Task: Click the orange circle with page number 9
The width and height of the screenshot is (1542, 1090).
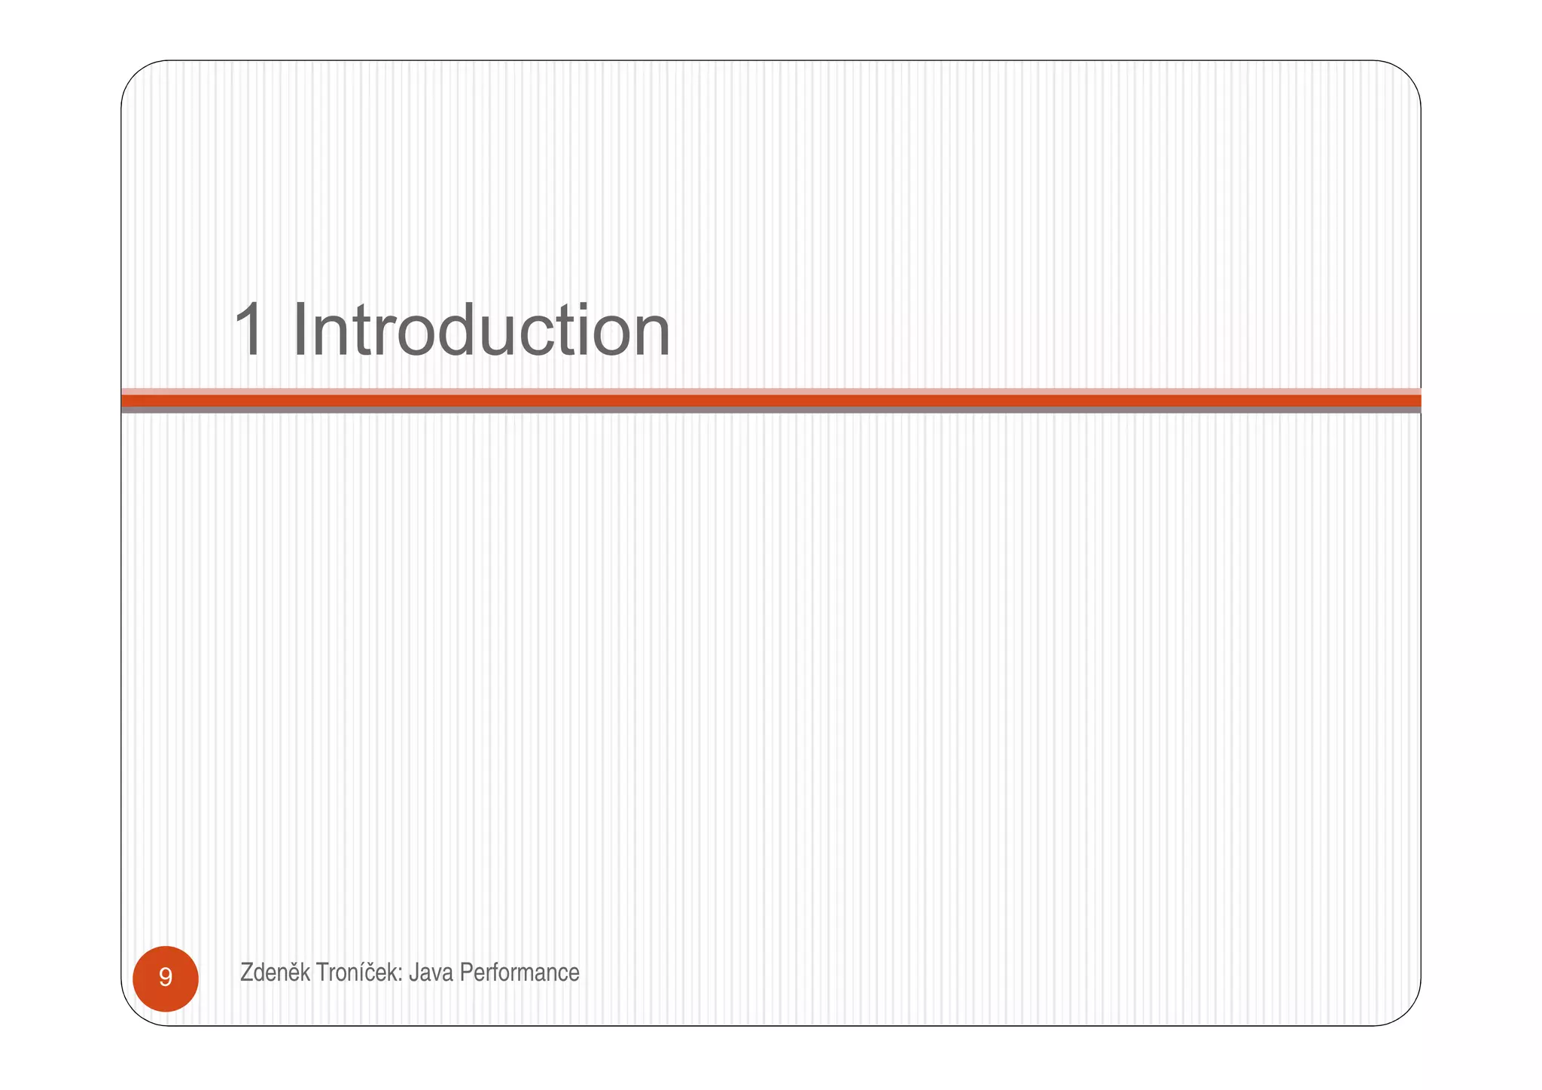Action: pos(166,978)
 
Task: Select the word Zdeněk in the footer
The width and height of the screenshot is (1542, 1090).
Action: pos(275,972)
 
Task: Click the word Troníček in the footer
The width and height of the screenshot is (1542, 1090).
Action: pos(358,972)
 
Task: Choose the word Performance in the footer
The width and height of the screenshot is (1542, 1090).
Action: pos(520,972)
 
